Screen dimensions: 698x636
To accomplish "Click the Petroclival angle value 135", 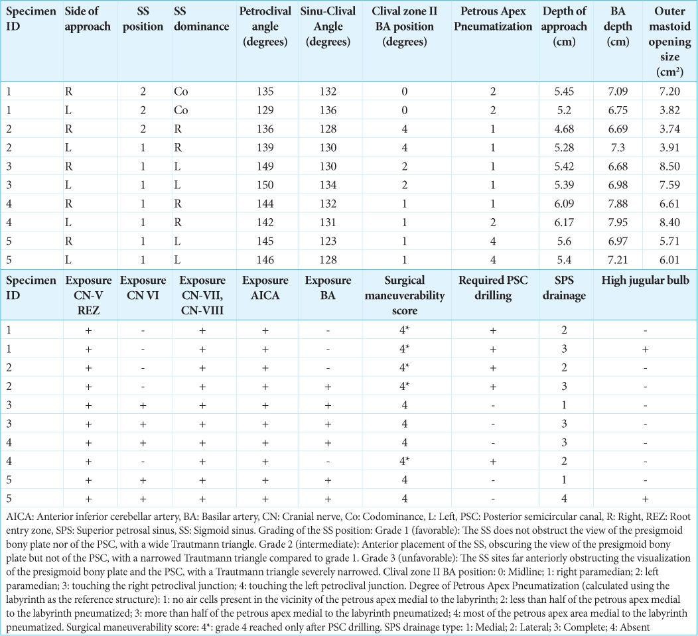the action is point(265,92).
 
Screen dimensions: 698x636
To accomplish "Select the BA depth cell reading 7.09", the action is point(618,92).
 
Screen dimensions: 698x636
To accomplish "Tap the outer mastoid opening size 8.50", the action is point(669,166).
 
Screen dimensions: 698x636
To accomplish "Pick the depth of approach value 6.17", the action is point(564,223).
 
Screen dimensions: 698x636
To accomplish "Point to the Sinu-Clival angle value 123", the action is point(328,241).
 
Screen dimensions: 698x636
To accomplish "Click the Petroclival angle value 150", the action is point(265,185).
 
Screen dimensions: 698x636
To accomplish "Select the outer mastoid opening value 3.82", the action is point(669,110).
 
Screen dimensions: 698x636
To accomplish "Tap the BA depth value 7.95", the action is point(618,223).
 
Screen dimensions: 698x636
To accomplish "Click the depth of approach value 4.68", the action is point(564,129).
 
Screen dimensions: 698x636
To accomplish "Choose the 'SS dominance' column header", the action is point(201,19).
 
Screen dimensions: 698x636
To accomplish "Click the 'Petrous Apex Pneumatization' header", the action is point(493,19).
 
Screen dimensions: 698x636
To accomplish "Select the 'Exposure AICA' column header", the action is point(265,288).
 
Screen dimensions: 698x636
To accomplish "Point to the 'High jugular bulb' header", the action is point(645,281).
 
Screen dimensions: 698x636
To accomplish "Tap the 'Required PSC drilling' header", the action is point(493,288).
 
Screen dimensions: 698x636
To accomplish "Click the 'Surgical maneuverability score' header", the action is point(405,296).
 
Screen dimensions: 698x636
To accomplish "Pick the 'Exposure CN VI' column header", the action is point(143,288).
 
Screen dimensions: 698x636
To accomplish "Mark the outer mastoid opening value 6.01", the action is point(669,260).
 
